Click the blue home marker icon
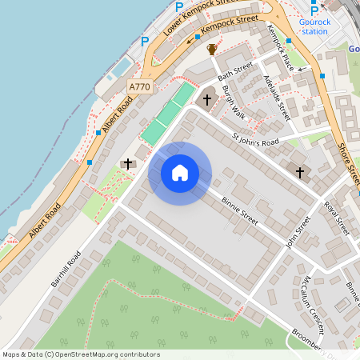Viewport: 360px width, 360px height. point(180,173)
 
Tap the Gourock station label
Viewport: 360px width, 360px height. point(314,26)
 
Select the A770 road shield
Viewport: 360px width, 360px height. point(139,86)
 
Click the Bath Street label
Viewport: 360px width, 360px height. point(238,70)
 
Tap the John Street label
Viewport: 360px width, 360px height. point(298,231)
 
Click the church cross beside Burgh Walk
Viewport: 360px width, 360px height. point(208,99)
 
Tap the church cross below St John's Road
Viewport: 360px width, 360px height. point(301,172)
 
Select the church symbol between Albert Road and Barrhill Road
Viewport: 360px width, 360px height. point(127,164)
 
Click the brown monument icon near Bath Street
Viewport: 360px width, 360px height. point(212,50)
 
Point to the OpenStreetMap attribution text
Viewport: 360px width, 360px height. point(81,354)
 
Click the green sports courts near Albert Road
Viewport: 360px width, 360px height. point(169,114)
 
